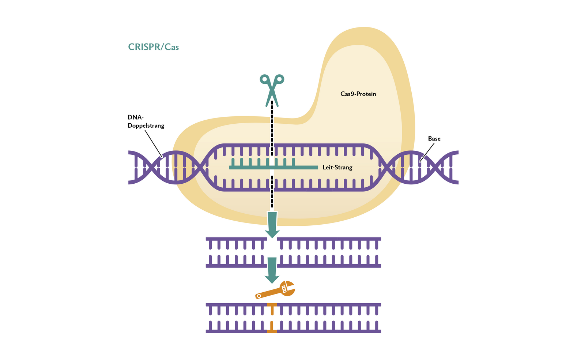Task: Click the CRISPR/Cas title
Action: (153, 47)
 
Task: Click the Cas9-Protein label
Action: (358, 94)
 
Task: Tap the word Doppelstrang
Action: (146, 125)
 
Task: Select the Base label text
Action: (434, 139)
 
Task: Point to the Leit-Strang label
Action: (337, 168)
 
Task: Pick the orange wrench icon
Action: (276, 290)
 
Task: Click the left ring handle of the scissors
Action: (264, 79)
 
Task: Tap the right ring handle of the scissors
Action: (280, 79)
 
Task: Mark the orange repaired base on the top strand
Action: (272, 308)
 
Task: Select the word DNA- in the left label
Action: (136, 117)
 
